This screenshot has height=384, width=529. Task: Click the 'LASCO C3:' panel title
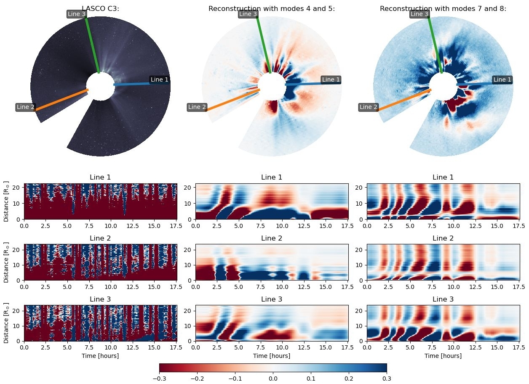(x=100, y=8)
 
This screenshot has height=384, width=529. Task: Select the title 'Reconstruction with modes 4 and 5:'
(x=272, y=8)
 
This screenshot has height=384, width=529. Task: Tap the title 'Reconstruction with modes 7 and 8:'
(x=443, y=8)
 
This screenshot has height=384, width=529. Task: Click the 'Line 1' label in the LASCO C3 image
(x=160, y=79)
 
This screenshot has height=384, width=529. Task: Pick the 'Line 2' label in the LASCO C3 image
(x=26, y=107)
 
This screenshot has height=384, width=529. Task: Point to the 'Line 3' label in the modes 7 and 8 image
(x=419, y=14)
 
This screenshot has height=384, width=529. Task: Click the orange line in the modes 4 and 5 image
(x=232, y=100)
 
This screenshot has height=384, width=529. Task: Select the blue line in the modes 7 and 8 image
(x=476, y=84)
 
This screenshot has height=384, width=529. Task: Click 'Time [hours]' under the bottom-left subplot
(x=100, y=356)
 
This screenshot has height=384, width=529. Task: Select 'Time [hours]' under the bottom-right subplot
(x=443, y=356)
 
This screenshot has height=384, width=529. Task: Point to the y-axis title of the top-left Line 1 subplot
(x=6, y=201)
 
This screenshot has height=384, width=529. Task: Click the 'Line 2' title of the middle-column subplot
(x=272, y=238)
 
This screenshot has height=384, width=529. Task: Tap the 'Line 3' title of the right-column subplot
(x=443, y=299)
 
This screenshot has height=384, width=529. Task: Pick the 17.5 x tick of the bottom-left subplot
(x=176, y=348)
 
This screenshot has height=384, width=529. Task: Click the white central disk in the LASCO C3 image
(x=100, y=86)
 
